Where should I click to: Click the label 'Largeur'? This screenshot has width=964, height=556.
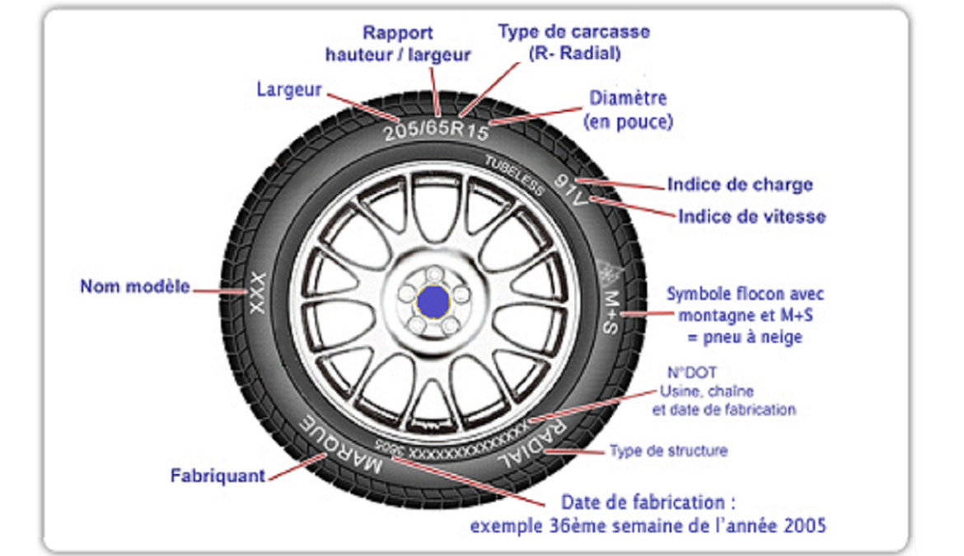[x=288, y=89]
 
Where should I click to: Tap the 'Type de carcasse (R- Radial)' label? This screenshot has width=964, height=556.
[x=573, y=42]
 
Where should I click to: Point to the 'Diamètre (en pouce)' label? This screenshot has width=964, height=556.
[x=628, y=110]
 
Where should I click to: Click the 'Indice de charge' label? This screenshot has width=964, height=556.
[x=739, y=185]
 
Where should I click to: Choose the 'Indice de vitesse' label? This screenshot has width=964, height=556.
[x=751, y=217]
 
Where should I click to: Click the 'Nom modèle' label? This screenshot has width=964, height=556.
[x=134, y=287]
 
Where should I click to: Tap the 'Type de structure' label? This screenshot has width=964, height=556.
[x=668, y=451]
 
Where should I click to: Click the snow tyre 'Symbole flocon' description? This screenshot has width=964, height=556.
[x=746, y=315]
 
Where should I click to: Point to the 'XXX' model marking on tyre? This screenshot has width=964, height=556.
[x=256, y=290]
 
